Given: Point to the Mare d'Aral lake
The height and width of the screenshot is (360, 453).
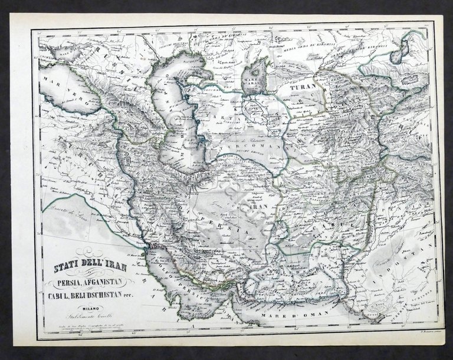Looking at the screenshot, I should click(x=254, y=79).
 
